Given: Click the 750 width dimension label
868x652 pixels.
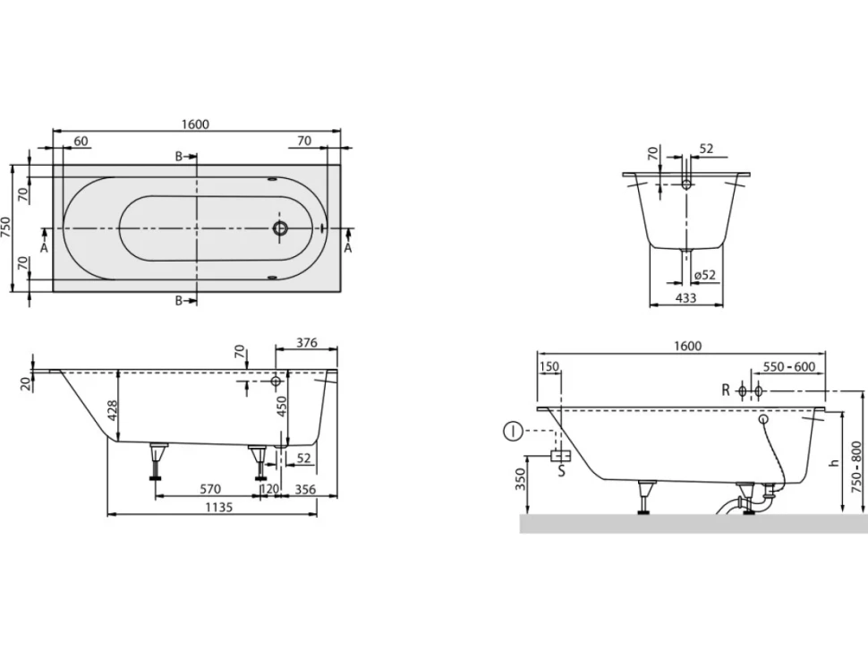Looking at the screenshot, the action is [x=6, y=228].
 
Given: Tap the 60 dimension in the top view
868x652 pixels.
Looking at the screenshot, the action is [x=81, y=142].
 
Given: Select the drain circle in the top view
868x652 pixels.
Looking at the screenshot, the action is [x=280, y=228].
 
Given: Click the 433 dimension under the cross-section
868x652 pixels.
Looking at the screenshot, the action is [x=685, y=297].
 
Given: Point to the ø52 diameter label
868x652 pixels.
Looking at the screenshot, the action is [x=704, y=275].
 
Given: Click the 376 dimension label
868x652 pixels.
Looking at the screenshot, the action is [x=306, y=343].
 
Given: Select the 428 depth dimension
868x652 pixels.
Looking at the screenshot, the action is [x=113, y=410].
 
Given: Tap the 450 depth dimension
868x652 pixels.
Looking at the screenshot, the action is [x=282, y=407].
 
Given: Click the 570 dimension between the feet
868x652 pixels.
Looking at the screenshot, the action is [x=209, y=489].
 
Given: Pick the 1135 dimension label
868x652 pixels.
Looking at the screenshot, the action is [x=218, y=507].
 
